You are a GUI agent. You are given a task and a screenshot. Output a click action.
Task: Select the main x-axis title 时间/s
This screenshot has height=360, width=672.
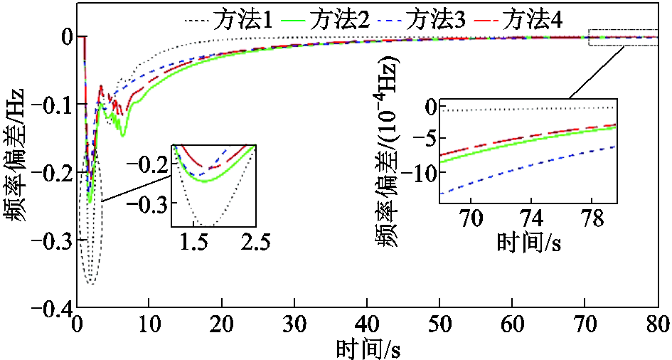click(x=367, y=348)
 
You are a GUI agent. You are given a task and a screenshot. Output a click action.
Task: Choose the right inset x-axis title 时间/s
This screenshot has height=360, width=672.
click(x=529, y=243)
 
